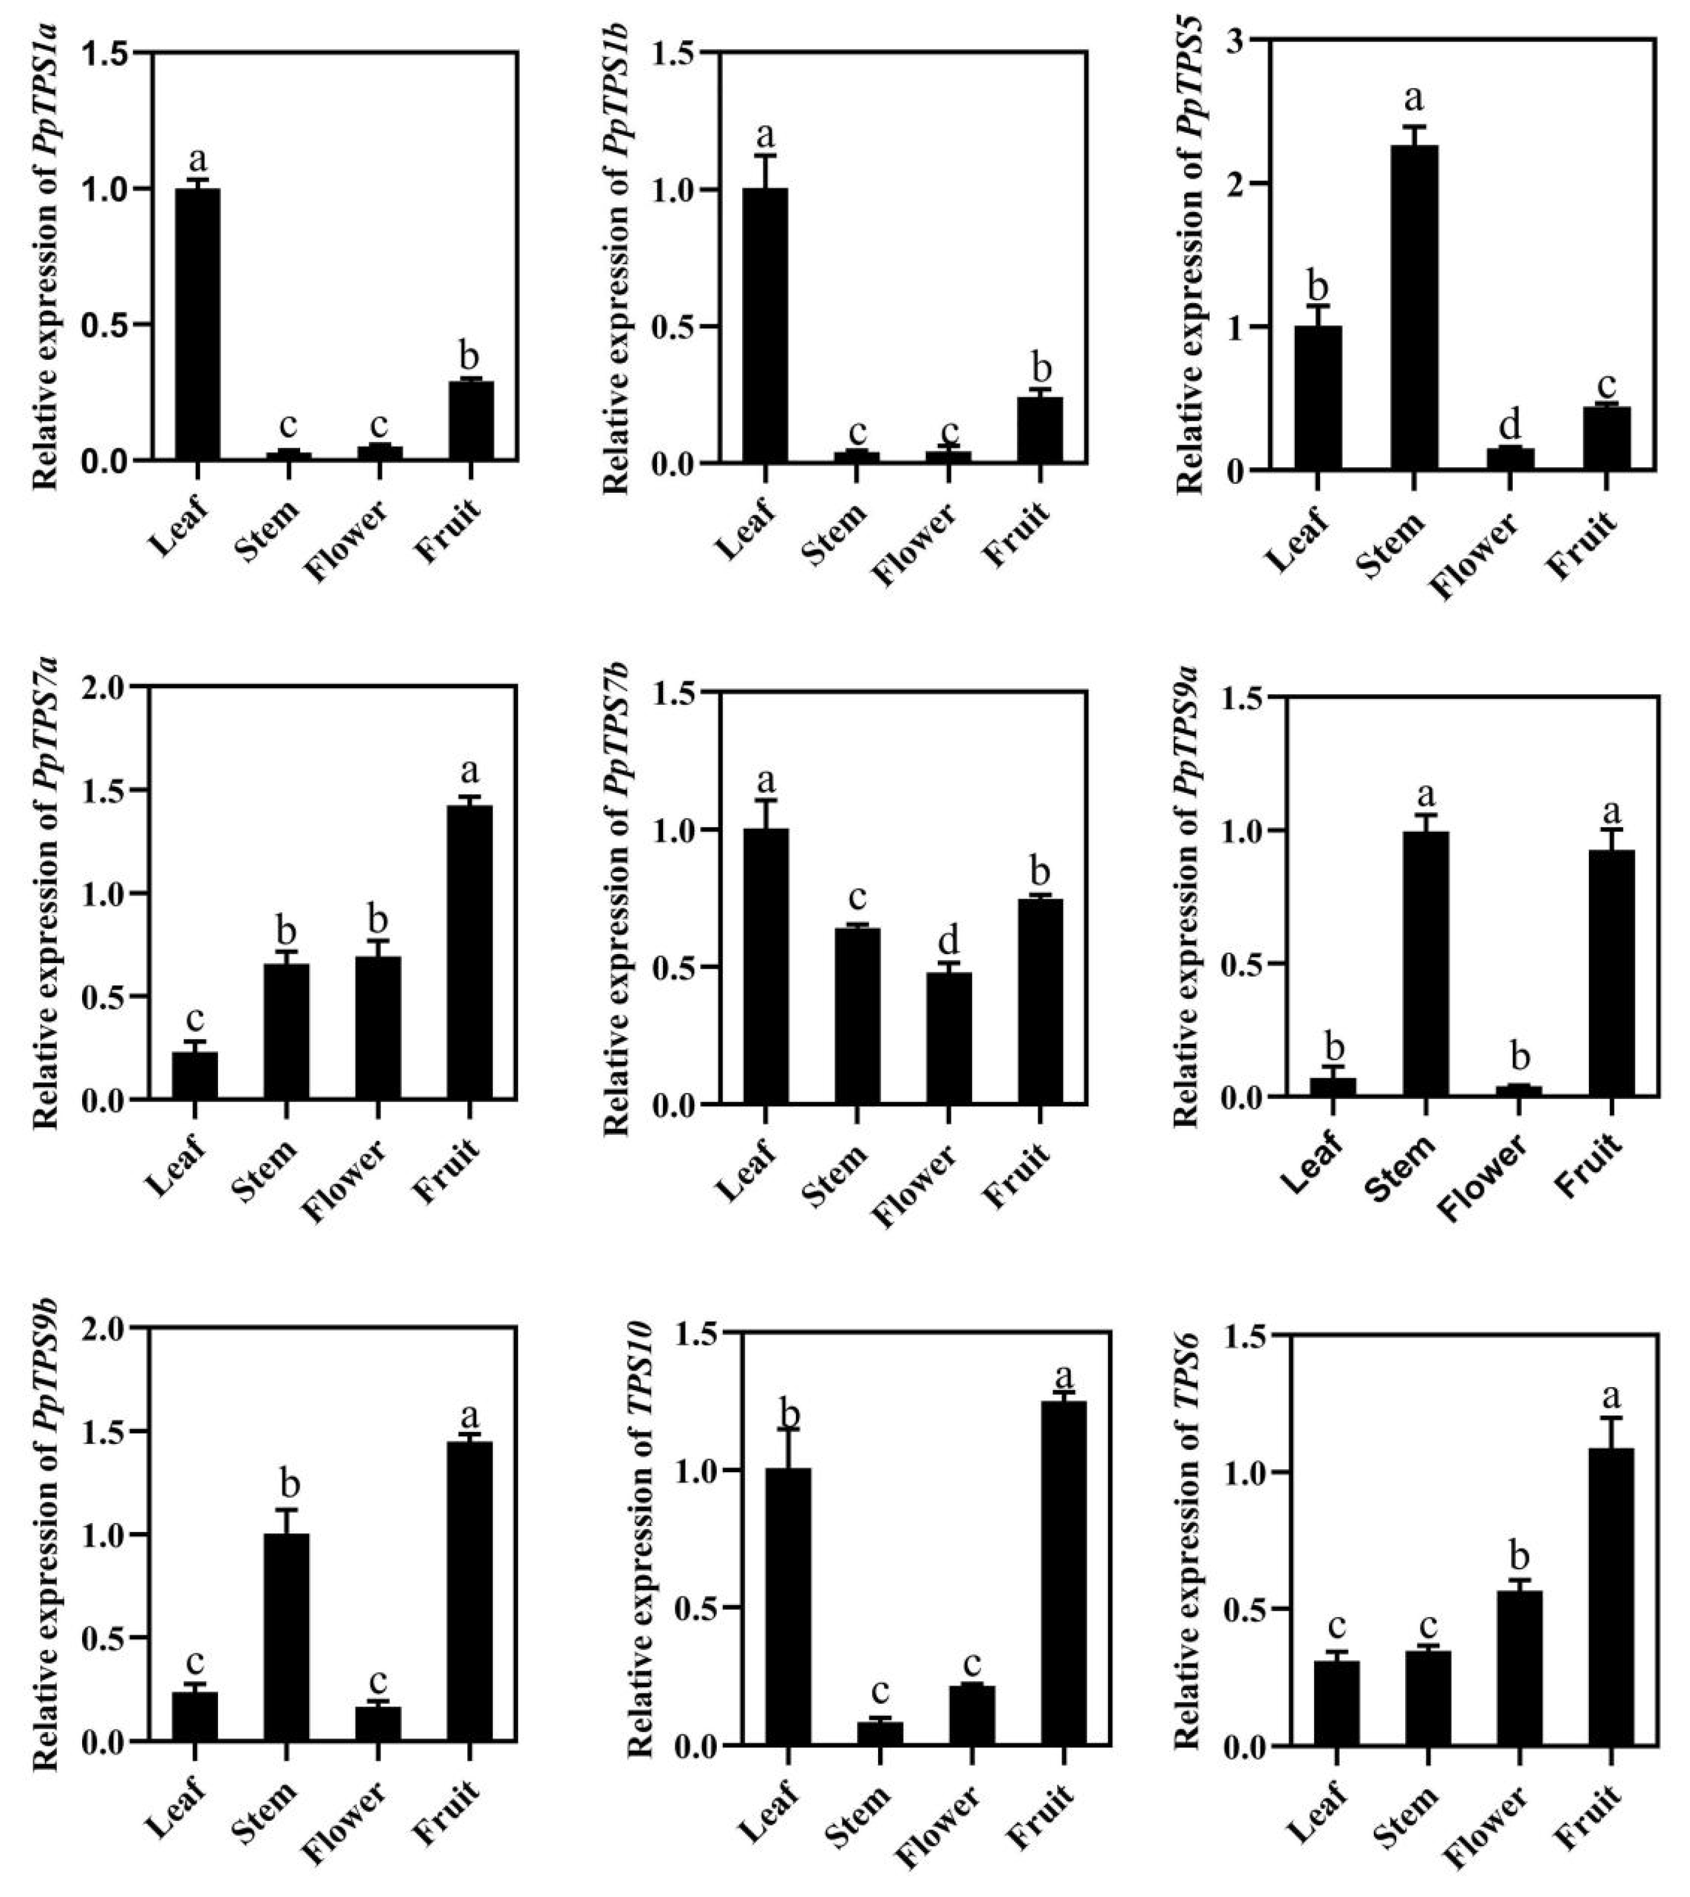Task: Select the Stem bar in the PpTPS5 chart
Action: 1414,307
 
